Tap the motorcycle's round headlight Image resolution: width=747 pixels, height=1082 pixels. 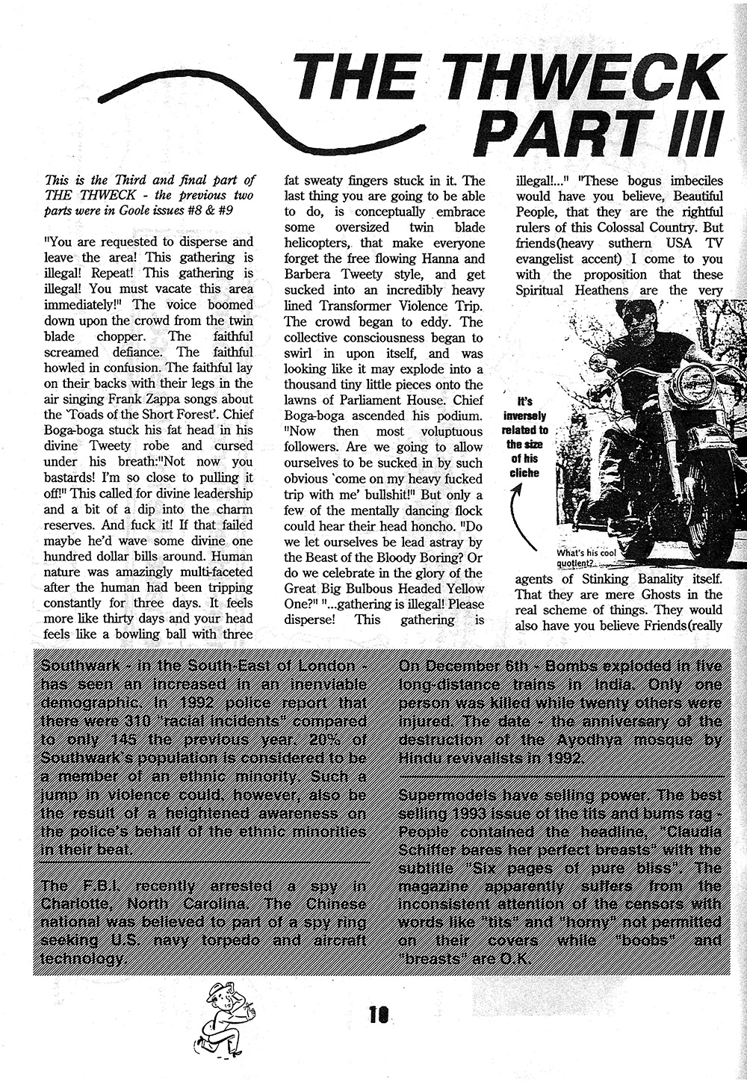pyautogui.click(x=694, y=384)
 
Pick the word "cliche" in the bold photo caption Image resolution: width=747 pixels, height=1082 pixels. pyautogui.click(x=525, y=472)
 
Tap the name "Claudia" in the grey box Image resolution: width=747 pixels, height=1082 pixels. pyautogui.click(x=692, y=832)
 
